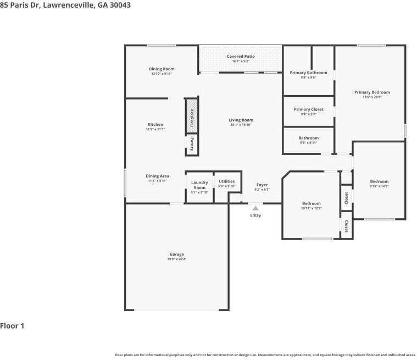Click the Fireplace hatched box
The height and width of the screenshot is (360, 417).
192,116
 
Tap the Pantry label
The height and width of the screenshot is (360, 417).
192,144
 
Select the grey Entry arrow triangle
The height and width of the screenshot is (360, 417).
255,208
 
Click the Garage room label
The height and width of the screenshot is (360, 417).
176,254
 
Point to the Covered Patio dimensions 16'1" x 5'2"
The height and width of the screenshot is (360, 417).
241,61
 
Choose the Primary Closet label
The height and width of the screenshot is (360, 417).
309,109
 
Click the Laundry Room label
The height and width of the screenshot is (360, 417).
199,185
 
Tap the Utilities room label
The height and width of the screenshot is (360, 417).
226,181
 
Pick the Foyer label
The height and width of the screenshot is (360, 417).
262,185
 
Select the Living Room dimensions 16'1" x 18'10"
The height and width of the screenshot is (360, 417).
241,125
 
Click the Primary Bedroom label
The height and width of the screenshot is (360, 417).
372,92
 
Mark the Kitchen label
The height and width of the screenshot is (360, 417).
155,125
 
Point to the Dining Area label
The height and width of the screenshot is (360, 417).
158,176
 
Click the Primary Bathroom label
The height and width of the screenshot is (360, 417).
309,73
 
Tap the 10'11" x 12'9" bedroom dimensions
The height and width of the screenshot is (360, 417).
312,208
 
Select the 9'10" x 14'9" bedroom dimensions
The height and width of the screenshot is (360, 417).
379,186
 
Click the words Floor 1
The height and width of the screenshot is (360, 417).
12,326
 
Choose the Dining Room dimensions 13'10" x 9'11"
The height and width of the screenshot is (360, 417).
162,74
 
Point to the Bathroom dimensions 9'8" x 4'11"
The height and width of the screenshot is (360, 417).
309,142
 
